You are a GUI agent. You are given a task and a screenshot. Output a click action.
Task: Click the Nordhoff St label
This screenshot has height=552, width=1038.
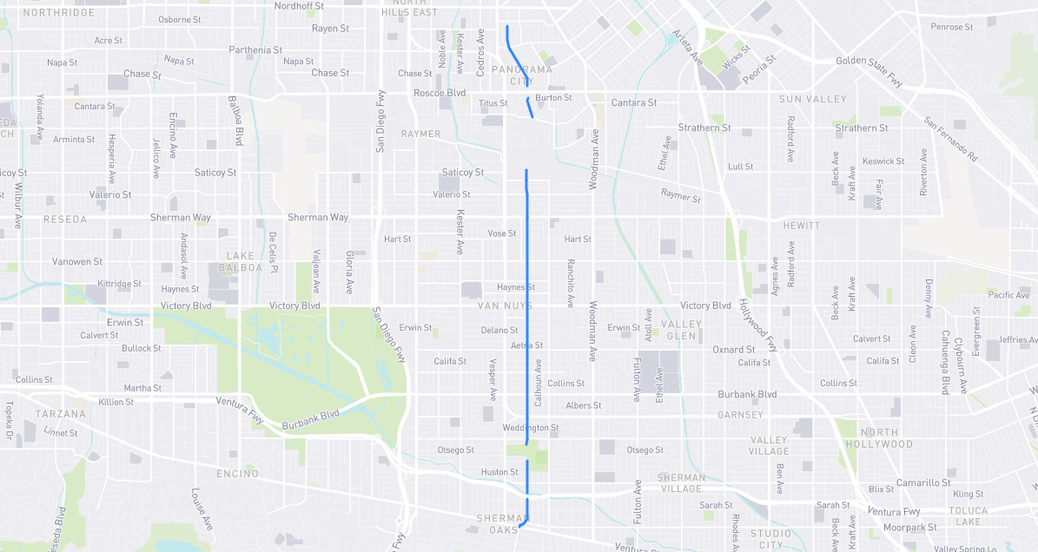299,5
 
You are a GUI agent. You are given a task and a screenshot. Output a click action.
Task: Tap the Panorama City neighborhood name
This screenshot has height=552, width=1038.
521,76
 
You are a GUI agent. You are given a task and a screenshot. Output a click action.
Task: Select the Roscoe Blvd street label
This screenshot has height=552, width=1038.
440,93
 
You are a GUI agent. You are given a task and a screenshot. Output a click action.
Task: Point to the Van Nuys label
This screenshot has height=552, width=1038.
505,306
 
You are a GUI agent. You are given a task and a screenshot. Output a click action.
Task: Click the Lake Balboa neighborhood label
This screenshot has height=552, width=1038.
244,261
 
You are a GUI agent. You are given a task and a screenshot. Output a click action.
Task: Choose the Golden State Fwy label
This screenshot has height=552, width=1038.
869,69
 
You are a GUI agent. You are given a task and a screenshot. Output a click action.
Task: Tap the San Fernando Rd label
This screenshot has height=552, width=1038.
950,140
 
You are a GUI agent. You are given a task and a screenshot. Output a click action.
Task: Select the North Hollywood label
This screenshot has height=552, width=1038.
886,438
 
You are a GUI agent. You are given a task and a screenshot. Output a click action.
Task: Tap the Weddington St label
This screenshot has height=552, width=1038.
531,428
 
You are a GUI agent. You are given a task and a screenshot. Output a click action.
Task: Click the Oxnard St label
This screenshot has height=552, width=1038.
733,350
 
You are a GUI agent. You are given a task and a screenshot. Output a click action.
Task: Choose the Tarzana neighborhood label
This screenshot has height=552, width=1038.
60,414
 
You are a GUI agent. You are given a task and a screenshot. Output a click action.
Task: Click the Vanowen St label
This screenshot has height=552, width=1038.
76,261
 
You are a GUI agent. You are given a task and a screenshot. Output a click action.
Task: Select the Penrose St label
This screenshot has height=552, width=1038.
952,27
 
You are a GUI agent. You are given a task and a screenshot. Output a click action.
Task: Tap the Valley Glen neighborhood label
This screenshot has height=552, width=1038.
680,330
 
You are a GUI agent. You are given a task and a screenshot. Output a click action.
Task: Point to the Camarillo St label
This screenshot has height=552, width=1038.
923,483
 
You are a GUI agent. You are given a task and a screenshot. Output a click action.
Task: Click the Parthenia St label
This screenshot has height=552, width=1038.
255,50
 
